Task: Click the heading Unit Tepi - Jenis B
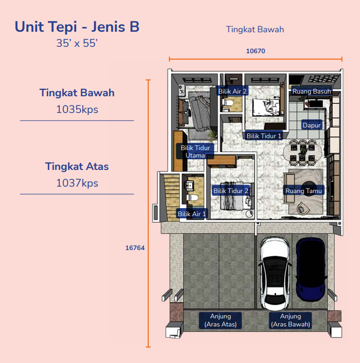pos(77,27)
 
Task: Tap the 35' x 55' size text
pos(77,44)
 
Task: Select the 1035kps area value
pos(77,109)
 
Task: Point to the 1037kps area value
pos(77,183)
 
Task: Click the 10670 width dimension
pos(255,51)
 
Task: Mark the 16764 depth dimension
pos(135,248)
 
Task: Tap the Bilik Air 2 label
pos(233,91)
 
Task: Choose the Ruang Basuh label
pos(312,91)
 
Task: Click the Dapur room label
pos(312,125)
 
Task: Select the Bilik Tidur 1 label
pos(264,136)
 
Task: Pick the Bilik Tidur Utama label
pos(195,152)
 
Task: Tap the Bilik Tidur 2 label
pos(231,191)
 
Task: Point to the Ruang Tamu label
pos(304,191)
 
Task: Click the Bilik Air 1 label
pos(192,214)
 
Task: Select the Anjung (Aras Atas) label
pos(220,321)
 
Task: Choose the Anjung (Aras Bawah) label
pos(290,321)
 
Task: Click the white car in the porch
pos(275,273)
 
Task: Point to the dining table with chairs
pos(303,152)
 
